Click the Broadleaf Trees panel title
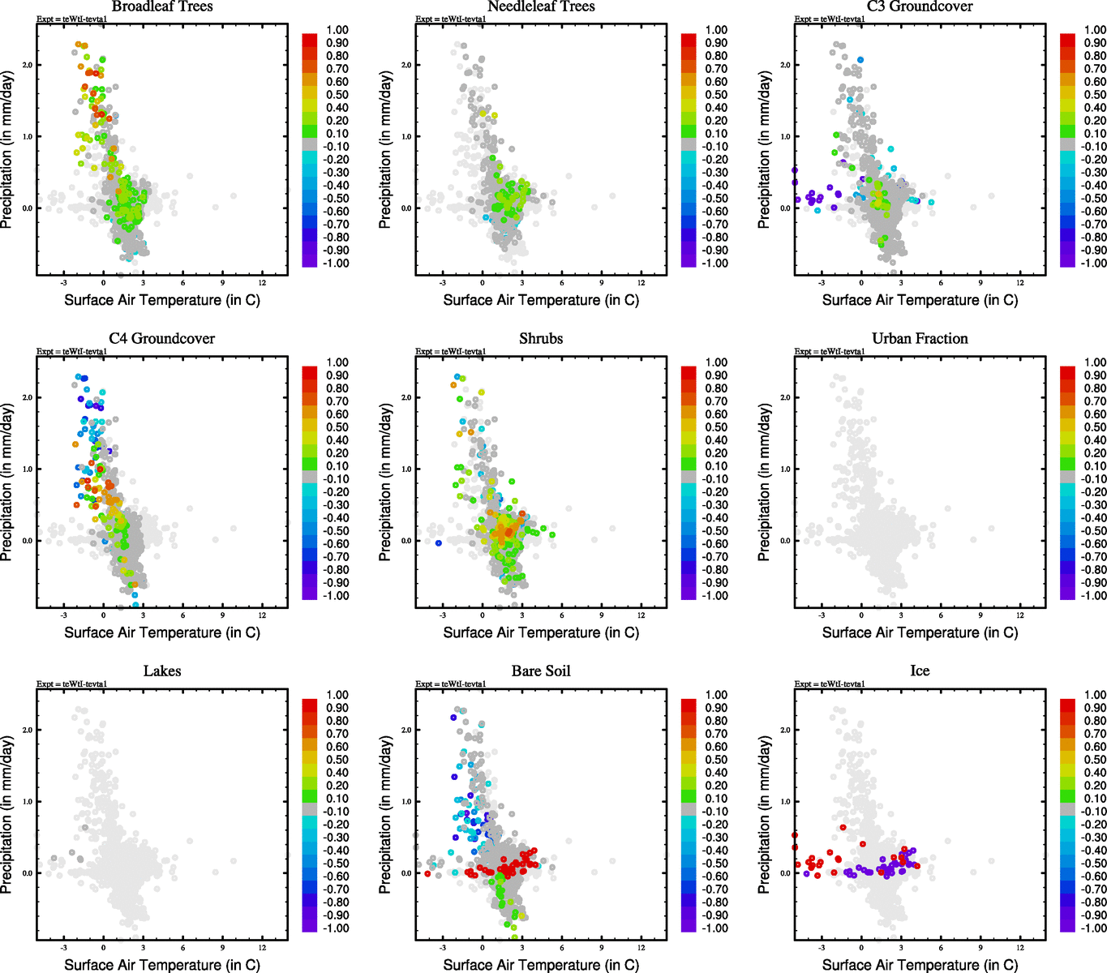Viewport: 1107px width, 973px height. tap(162, 6)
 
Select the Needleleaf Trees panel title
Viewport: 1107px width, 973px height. tap(541, 6)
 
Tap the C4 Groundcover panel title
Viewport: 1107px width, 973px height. tap(162, 339)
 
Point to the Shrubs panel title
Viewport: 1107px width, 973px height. tap(541, 339)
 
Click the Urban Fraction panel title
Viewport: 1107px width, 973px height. tap(920, 339)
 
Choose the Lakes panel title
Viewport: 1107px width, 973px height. tap(162, 671)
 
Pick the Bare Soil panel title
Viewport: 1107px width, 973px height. tap(541, 671)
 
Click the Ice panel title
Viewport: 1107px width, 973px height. tap(920, 671)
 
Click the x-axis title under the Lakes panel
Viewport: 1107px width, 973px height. tap(162, 965)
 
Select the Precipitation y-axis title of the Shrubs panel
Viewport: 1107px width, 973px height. tap(385, 482)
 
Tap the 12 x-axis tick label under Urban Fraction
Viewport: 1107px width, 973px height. tap(1020, 615)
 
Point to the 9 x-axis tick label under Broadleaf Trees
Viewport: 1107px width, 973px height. tap(223, 283)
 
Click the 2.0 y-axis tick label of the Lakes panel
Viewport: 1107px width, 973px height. tap(28, 731)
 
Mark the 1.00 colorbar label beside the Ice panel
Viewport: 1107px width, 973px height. tap(1095, 695)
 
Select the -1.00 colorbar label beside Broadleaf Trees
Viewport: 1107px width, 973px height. tap(337, 264)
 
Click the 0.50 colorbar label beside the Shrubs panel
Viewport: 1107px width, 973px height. tap(716, 427)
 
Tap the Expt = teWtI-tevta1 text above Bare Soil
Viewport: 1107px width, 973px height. tap(451, 684)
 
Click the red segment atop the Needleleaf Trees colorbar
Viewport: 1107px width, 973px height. tap(689, 40)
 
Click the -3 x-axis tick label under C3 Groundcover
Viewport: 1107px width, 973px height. tap(822, 283)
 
